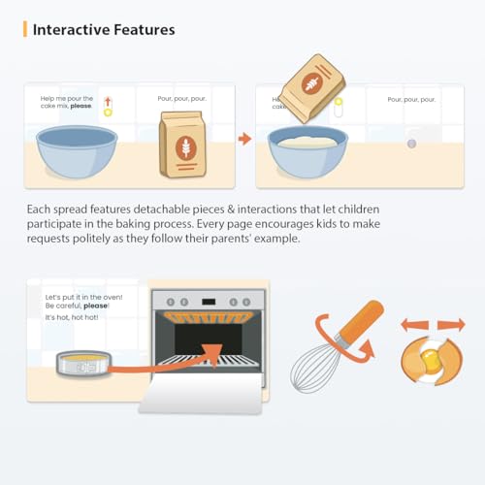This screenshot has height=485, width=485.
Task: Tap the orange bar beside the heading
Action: [x=25, y=29]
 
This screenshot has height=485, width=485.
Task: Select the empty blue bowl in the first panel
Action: [x=77, y=151]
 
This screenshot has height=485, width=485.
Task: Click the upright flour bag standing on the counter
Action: [x=182, y=145]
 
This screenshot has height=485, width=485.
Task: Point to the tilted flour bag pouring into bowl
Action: [x=312, y=88]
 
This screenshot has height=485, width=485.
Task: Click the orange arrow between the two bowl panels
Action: [x=244, y=139]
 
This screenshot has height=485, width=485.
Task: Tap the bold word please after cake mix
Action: [x=81, y=106]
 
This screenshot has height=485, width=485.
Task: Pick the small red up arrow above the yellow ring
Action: [x=108, y=102]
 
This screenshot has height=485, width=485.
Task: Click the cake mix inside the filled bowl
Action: [x=307, y=142]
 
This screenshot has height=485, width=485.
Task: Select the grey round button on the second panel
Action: [x=411, y=144]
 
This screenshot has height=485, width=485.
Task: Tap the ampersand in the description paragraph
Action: [x=231, y=210]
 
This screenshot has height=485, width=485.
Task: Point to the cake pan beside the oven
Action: [x=83, y=364]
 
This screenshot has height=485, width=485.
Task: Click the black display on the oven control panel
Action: [x=209, y=302]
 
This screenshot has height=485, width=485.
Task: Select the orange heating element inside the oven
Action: [x=209, y=317]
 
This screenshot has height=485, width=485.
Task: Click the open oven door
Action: [x=202, y=393]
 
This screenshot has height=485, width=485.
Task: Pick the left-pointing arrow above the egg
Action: [x=414, y=325]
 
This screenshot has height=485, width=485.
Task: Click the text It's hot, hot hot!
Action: [x=72, y=317]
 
